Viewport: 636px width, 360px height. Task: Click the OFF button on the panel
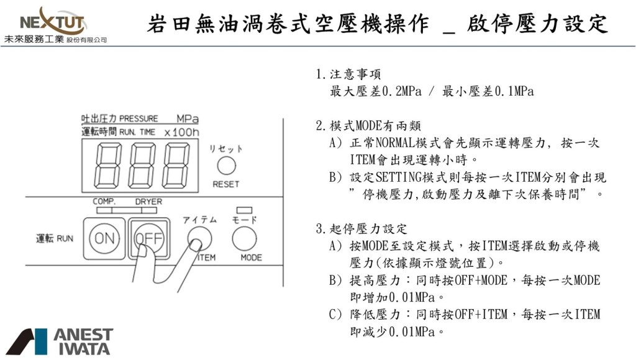(x=148, y=238)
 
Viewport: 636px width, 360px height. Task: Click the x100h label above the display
(x=181, y=132)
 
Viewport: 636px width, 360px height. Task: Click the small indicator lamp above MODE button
(x=244, y=210)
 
